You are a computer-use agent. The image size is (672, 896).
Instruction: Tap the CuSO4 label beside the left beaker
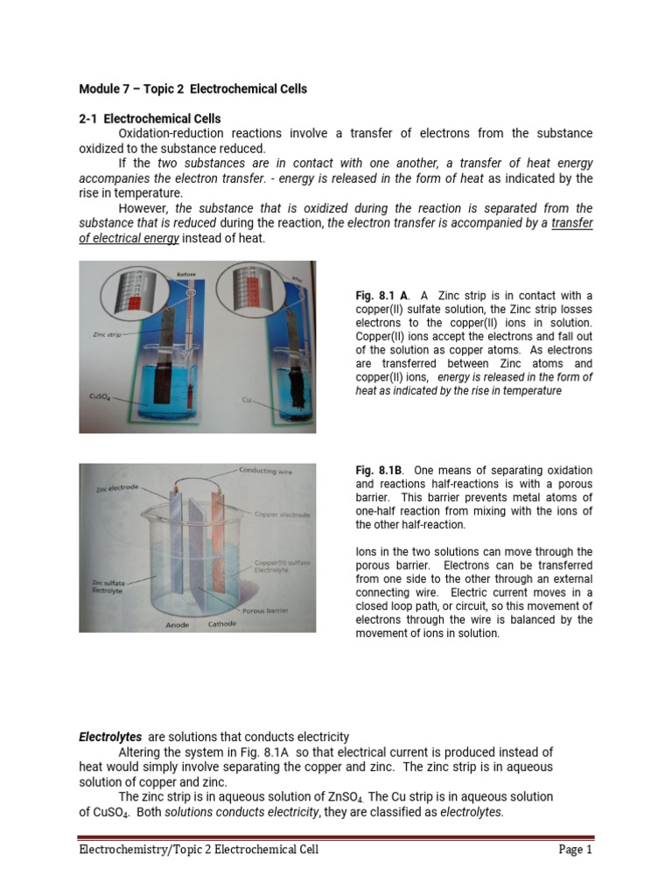[98, 396]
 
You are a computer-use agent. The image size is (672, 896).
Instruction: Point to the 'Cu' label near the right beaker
[247, 400]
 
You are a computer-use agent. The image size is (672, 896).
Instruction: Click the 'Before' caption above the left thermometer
[185, 274]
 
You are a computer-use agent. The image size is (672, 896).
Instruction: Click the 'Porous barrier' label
[266, 609]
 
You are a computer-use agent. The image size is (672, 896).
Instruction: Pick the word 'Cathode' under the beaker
[221, 625]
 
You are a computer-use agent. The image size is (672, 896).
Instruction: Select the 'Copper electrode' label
[282, 515]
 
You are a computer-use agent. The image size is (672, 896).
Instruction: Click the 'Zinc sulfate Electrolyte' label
[109, 586]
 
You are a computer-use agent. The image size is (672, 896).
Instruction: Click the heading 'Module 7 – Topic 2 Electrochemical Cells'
[192, 89]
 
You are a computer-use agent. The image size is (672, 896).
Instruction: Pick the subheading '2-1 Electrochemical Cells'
[150, 118]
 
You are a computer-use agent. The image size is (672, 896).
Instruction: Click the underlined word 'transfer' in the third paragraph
[572, 223]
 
